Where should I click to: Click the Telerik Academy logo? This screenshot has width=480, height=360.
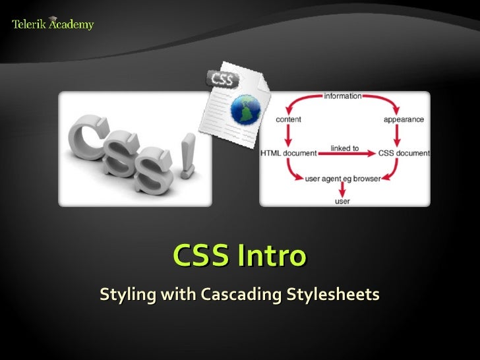[53, 24]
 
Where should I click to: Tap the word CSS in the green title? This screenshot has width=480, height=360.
[201, 255]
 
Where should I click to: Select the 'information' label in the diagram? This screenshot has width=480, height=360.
[343, 96]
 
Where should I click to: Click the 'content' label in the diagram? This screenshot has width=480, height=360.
[288, 120]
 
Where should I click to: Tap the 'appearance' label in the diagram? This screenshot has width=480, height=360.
[404, 120]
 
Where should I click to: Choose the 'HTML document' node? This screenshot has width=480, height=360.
[289, 154]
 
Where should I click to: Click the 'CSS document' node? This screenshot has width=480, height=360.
[404, 154]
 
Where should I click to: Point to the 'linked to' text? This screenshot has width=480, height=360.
[345, 148]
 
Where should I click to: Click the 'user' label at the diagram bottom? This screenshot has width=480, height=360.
[342, 200]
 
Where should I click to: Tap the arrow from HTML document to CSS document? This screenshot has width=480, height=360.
[346, 154]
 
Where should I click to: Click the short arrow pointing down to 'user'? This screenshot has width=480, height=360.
[342, 189]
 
